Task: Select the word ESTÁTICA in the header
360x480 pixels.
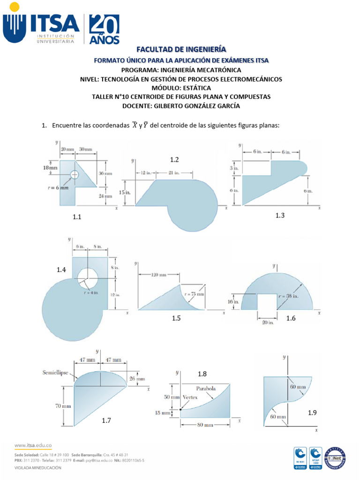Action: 196,88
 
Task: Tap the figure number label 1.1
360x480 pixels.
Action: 77,217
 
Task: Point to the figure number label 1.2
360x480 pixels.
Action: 174,160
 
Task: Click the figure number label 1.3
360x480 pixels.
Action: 280,215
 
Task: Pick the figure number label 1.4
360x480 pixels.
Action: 61,270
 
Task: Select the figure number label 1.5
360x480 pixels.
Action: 176,318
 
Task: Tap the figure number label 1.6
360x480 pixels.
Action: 291,318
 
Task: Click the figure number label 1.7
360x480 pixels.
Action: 106,420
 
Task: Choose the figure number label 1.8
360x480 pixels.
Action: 202,374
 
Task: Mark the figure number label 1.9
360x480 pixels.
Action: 313,412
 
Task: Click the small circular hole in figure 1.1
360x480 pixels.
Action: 75,174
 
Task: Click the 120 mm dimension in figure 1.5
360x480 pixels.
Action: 158,275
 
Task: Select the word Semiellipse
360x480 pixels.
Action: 55,373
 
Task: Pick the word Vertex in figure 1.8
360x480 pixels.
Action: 191,397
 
